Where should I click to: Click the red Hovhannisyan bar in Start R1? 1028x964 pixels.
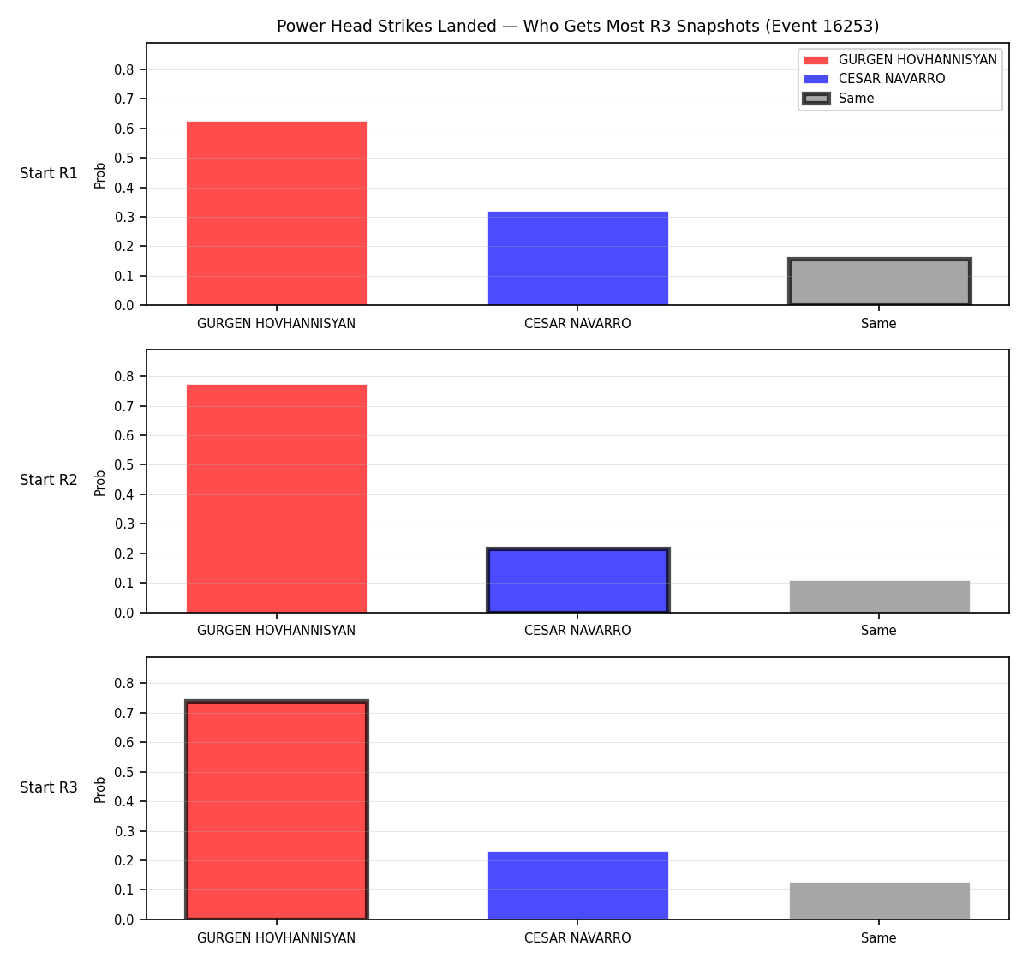tap(277, 213)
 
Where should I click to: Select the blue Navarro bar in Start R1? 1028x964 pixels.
tap(577, 258)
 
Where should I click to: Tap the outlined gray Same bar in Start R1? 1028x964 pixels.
tap(879, 281)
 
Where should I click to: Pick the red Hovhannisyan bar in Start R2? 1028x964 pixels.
tap(277, 499)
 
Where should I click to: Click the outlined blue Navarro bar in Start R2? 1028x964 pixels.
tap(577, 580)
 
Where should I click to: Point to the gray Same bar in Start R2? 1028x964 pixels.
tap(879, 596)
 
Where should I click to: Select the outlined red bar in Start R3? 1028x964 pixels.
tap(277, 810)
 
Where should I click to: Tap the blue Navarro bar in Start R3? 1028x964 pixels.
tap(577, 886)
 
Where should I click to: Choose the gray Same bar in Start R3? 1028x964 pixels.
tap(879, 901)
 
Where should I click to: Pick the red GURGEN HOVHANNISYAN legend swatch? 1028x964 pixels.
tap(816, 60)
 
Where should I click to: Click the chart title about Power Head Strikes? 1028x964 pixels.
tap(577, 26)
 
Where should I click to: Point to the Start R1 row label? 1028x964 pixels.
tap(49, 173)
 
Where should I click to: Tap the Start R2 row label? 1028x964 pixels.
tap(49, 480)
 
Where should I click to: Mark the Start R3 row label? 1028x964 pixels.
tap(49, 787)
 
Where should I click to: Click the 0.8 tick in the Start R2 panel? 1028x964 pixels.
tap(124, 376)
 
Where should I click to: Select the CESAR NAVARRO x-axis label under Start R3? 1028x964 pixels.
tap(577, 937)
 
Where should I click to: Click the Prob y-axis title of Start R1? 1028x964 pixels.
tap(100, 176)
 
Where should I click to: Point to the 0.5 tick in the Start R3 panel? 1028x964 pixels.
tap(124, 772)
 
